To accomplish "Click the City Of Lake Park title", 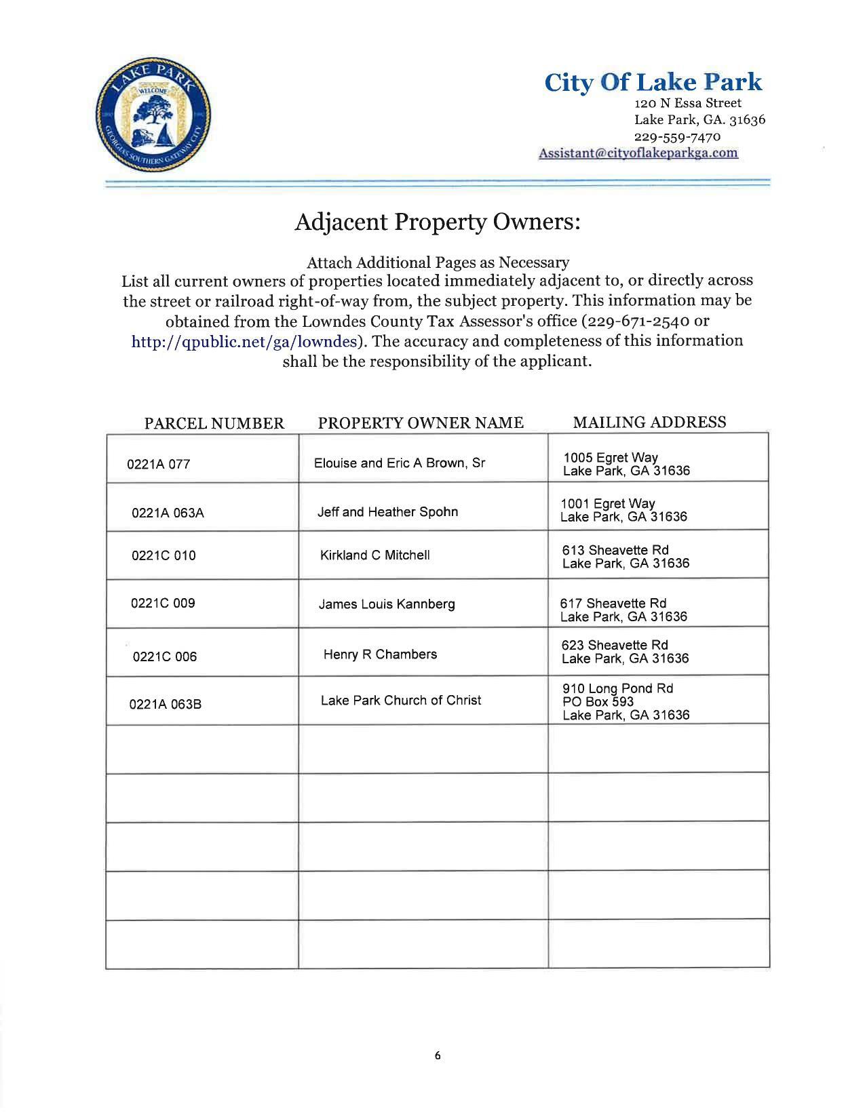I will [x=653, y=82].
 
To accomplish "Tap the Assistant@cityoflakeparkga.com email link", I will [x=638, y=153].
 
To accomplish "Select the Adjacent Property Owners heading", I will [x=438, y=222].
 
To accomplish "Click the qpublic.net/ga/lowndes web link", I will [x=244, y=341].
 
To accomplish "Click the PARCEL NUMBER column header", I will [x=214, y=424].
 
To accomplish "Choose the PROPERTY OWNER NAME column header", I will [x=421, y=423].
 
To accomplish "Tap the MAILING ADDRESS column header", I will [x=649, y=423].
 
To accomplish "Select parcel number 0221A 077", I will [x=159, y=465].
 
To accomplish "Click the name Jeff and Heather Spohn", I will [x=387, y=512].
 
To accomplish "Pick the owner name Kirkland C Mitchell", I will [x=374, y=555].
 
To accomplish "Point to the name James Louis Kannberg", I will [x=387, y=604].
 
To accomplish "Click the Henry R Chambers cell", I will [x=380, y=654].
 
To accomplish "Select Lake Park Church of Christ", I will [x=400, y=701].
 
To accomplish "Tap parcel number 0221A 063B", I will [x=165, y=705].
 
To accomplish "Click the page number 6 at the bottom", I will [x=438, y=1055].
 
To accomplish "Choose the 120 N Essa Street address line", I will [x=687, y=103].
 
